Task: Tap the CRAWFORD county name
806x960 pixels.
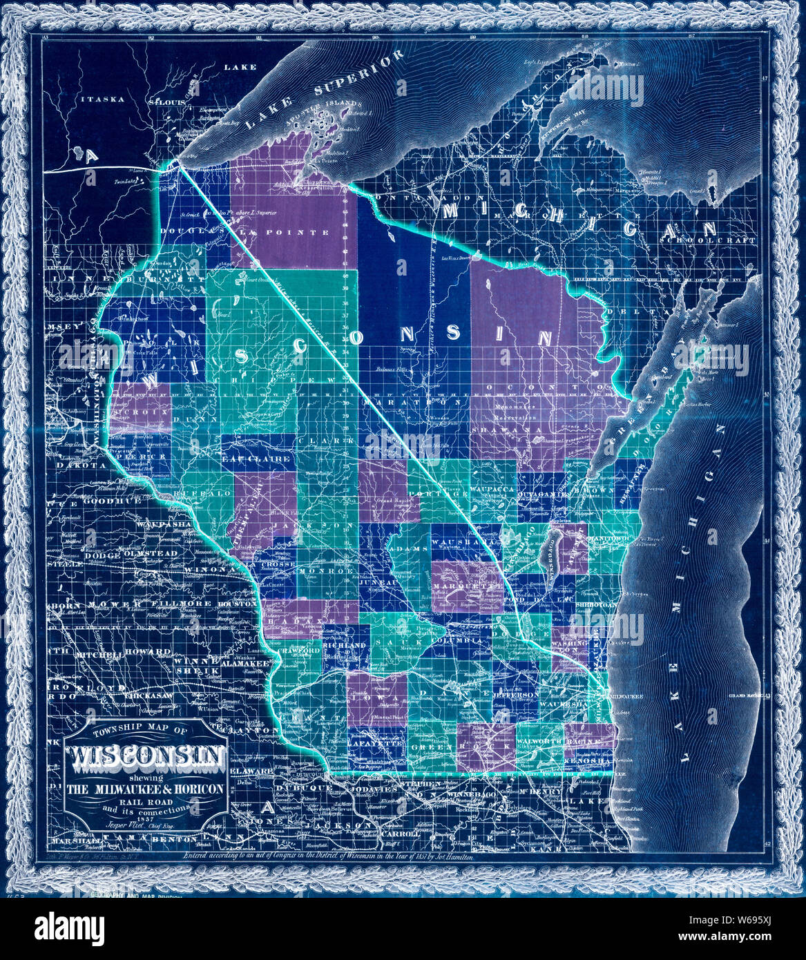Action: pos(299,651)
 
